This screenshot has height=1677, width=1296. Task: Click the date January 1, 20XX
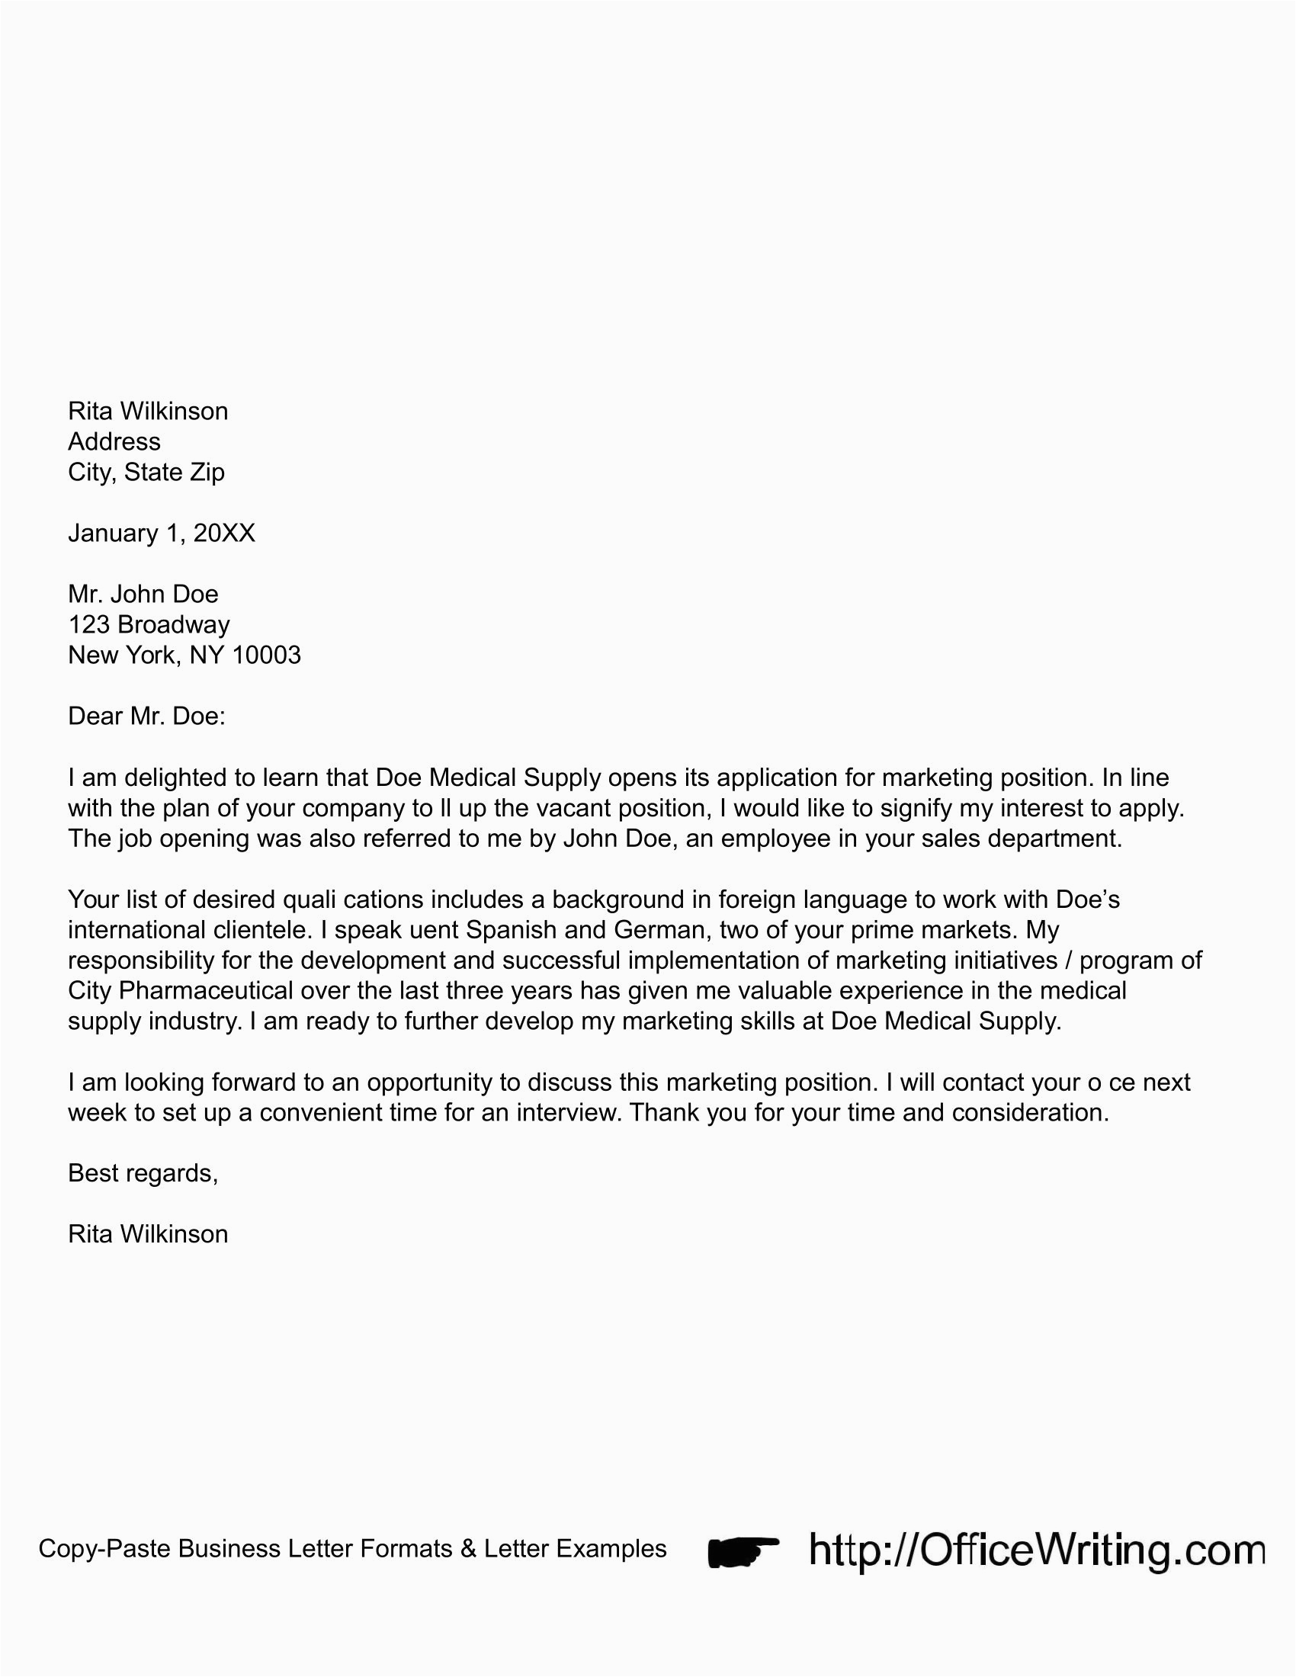(x=161, y=533)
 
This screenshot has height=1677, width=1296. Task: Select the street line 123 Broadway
(x=149, y=624)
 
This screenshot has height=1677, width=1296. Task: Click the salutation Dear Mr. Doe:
(x=146, y=717)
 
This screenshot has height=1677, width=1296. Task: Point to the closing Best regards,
(x=143, y=1172)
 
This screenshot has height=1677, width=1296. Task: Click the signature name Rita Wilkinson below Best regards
(x=148, y=1234)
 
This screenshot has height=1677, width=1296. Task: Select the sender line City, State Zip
(x=146, y=473)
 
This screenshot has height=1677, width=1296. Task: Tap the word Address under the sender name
(x=114, y=441)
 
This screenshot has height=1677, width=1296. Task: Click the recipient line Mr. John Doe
(x=143, y=594)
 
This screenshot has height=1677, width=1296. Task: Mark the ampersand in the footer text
(x=468, y=1549)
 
